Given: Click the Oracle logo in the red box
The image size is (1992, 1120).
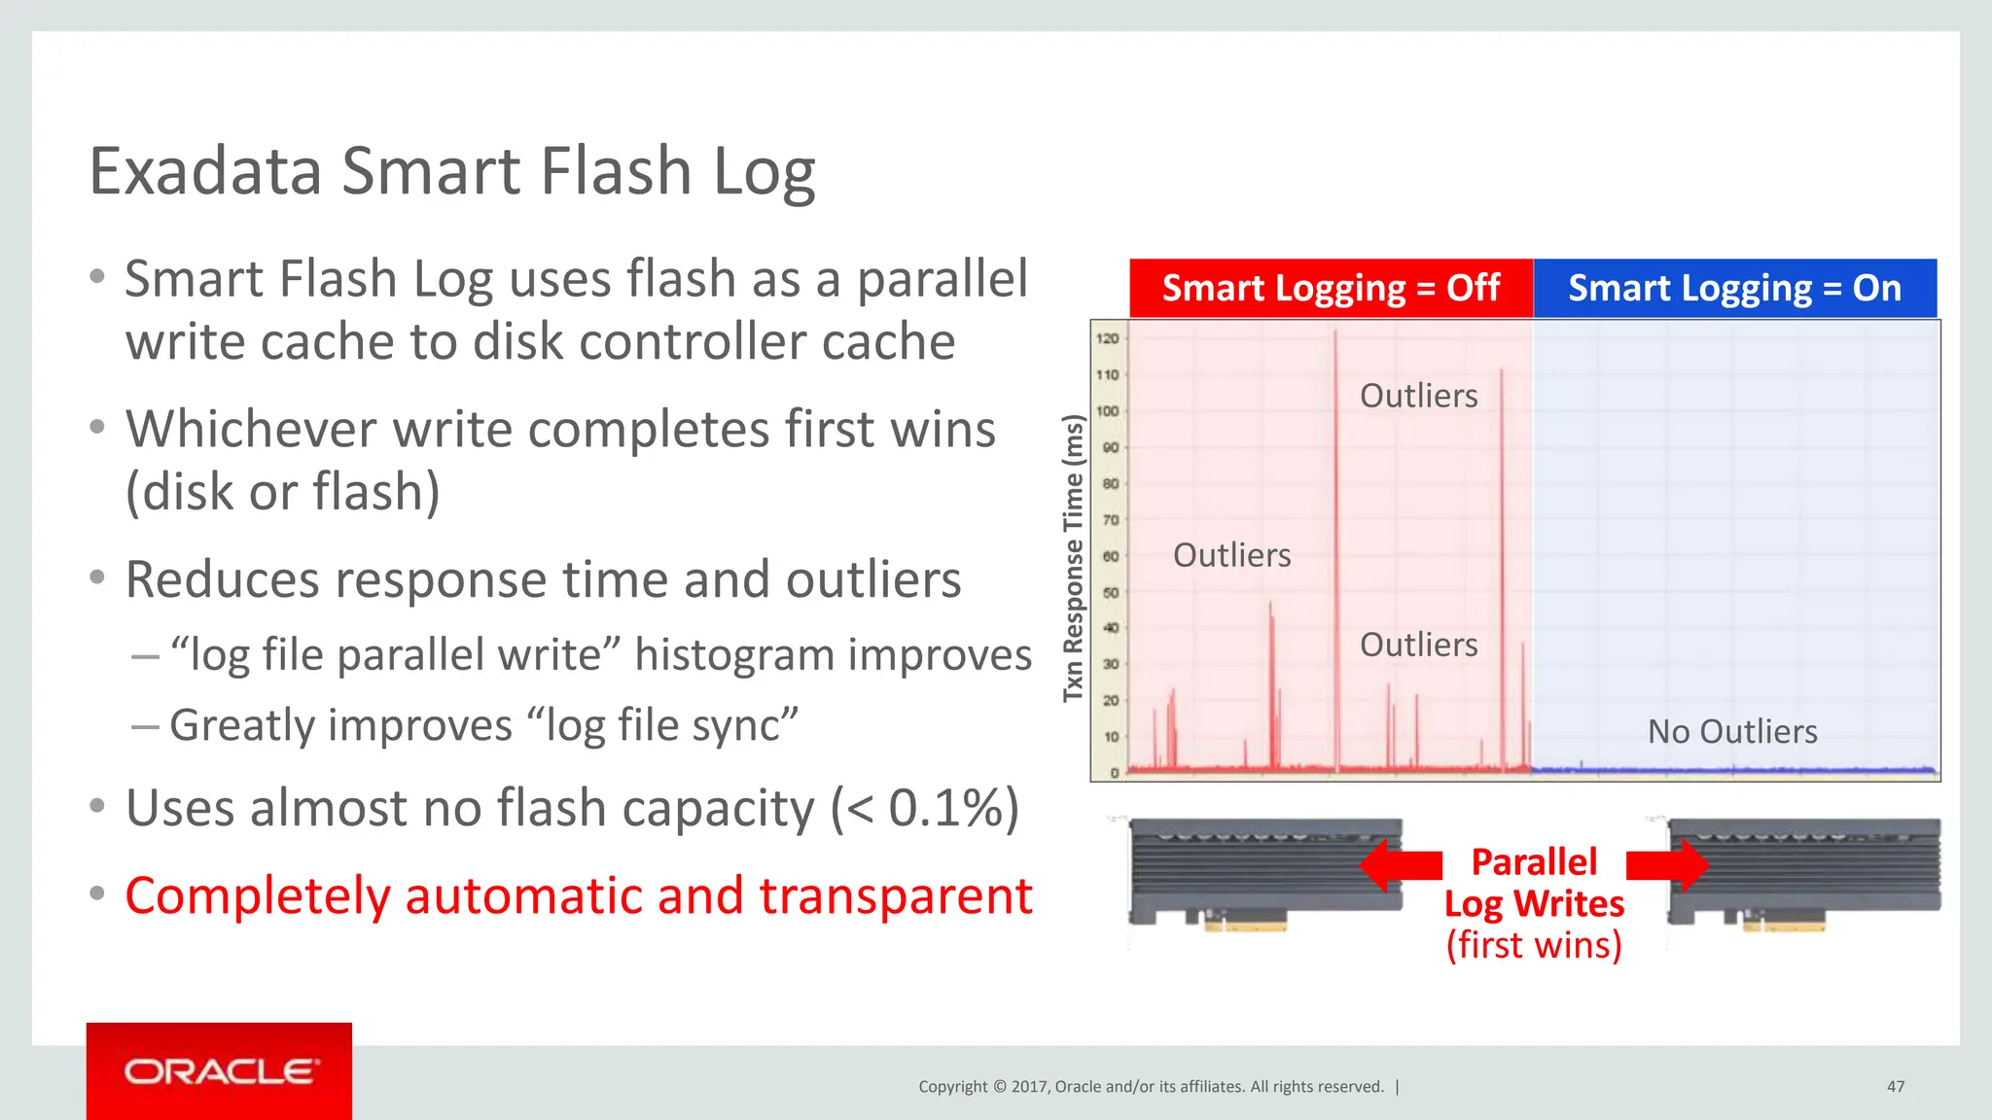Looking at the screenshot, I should [x=220, y=1071].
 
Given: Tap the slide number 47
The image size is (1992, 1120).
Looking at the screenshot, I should [x=1895, y=1086].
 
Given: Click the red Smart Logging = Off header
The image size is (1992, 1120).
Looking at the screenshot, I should [x=1331, y=288].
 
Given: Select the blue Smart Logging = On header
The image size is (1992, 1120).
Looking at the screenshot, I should [x=1734, y=288].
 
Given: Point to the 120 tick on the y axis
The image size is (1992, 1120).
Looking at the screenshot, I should [x=1108, y=338].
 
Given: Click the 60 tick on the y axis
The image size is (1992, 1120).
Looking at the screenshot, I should [x=1110, y=556].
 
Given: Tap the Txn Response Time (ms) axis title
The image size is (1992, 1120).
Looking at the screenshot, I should [x=1073, y=558].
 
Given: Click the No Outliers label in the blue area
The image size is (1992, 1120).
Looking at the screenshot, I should [x=1731, y=731].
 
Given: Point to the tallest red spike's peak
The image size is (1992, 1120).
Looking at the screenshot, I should [x=1334, y=332].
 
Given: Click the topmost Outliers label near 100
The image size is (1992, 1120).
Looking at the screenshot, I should [x=1418, y=396].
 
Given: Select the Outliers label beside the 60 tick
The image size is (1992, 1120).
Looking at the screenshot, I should [x=1231, y=555].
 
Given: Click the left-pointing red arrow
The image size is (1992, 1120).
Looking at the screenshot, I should [x=1400, y=864].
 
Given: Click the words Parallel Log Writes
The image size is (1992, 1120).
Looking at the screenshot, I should [x=1534, y=883].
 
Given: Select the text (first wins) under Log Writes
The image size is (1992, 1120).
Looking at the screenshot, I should [x=1534, y=945].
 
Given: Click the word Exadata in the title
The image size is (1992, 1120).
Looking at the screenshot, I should [x=205, y=171].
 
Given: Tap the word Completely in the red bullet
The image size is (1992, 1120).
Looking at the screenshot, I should [x=257, y=895].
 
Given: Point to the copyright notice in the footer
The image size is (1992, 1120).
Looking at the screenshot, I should [x=1151, y=1086].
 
